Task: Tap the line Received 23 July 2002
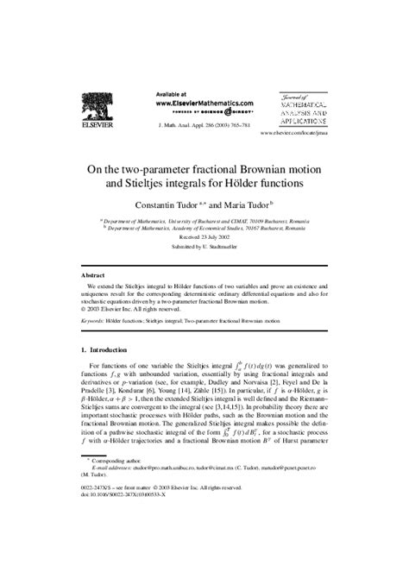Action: pyautogui.click(x=204, y=238)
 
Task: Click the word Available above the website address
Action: pyautogui.click(x=174, y=92)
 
